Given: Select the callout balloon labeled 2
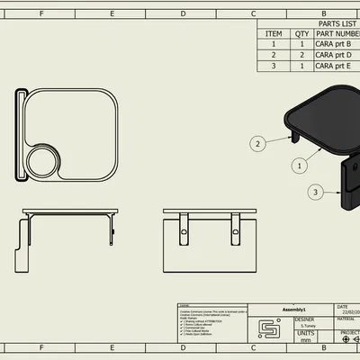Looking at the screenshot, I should click(x=257, y=143).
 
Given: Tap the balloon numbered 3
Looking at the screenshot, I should click(x=315, y=192).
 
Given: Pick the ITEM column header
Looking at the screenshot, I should click(x=274, y=33).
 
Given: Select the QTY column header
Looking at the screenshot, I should click(x=301, y=33).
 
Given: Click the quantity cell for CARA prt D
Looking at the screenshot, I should click(x=301, y=55).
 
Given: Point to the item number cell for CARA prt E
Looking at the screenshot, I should click(x=274, y=66).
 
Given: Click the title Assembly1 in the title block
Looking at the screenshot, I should click(x=294, y=307).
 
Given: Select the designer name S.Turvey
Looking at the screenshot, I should click(x=307, y=326).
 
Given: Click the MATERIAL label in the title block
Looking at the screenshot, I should click(x=346, y=318).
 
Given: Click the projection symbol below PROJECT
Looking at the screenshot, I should click(x=347, y=339).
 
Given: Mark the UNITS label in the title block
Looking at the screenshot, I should click(x=307, y=333).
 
